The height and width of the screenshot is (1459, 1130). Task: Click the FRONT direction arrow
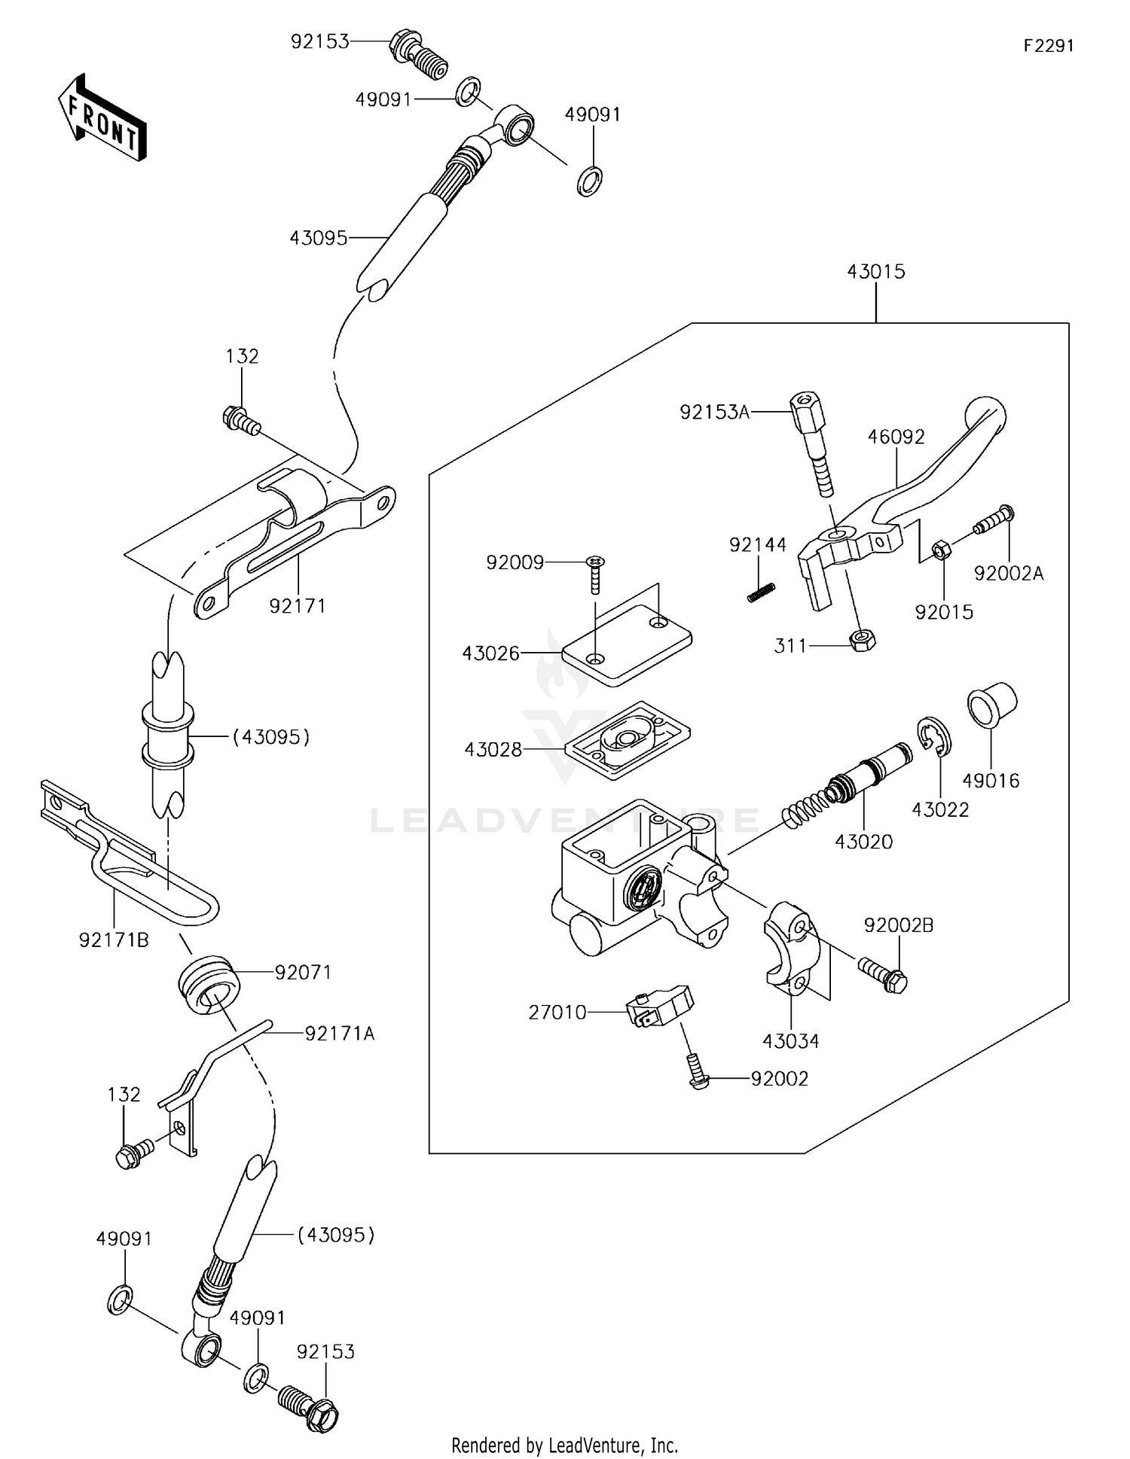(102, 117)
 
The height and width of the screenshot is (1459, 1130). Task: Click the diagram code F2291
(1049, 46)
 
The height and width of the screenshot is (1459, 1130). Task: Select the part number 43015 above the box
(876, 272)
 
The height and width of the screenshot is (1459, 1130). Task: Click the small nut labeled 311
(862, 641)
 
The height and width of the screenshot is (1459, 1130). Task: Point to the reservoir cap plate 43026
(627, 645)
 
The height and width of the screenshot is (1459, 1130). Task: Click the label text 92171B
(114, 940)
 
